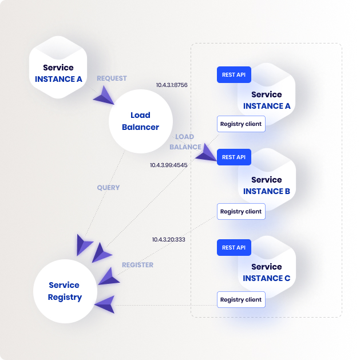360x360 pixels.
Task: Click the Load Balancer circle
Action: coord(141,121)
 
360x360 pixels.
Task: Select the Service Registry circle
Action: coord(65,291)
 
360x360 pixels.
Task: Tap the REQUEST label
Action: coord(112,78)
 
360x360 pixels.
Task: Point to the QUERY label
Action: coord(108,188)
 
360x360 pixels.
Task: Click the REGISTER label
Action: coord(137,265)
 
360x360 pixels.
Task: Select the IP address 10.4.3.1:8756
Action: coord(172,85)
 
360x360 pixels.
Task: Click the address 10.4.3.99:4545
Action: coord(169,165)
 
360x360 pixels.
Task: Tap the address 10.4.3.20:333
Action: coord(169,239)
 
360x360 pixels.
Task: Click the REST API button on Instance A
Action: coord(234,74)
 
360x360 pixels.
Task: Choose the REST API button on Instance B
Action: coord(234,157)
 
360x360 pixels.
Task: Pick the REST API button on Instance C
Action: coord(234,247)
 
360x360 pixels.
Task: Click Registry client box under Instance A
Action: coord(241,124)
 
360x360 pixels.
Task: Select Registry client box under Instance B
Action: coord(241,211)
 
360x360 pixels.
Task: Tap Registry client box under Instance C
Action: coord(241,299)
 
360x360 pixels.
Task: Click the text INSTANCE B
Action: coord(267,191)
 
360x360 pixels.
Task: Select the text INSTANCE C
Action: coord(267,278)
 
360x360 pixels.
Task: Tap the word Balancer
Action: coord(141,127)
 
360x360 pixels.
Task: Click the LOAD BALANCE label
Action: coord(185,142)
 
